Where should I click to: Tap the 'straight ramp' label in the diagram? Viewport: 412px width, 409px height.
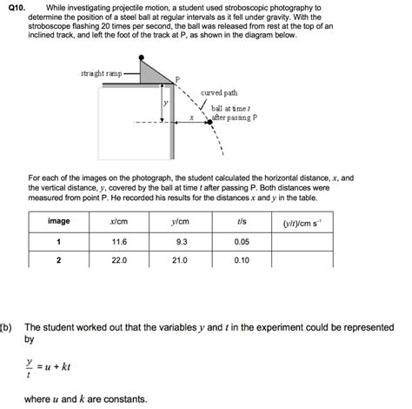pyautogui.click(x=101, y=73)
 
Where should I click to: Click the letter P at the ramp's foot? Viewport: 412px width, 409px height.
pyautogui.click(x=177, y=81)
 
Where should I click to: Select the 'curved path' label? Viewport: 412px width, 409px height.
pyautogui.click(x=218, y=92)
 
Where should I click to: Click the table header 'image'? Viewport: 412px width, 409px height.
pyautogui.click(x=59, y=222)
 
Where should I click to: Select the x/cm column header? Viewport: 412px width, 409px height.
pyautogui.click(x=120, y=222)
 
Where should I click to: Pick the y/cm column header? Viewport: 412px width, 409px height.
pyautogui.click(x=182, y=222)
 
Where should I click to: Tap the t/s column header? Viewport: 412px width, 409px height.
pyautogui.click(x=242, y=222)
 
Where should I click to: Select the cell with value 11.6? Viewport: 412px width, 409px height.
pyautogui.click(x=120, y=241)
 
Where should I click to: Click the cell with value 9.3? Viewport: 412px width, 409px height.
pyautogui.click(x=182, y=241)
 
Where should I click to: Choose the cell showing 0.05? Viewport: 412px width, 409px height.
pyautogui.click(x=242, y=241)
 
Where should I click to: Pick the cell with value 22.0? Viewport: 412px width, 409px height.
pyautogui.click(x=120, y=260)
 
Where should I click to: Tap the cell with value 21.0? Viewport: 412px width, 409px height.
pyautogui.click(x=182, y=260)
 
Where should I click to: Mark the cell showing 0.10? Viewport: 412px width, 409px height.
pyautogui.click(x=242, y=260)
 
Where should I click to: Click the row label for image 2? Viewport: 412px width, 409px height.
pyautogui.click(x=59, y=260)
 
